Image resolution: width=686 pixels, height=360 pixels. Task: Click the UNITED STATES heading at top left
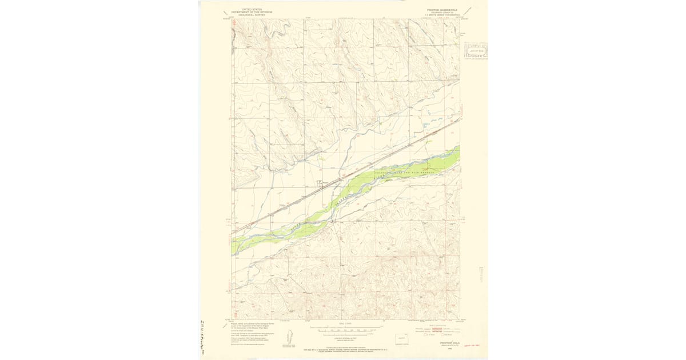click(249, 9)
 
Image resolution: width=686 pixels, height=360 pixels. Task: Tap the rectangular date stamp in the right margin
click(476, 51)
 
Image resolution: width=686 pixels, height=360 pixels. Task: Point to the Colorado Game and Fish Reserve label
click(405, 171)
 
